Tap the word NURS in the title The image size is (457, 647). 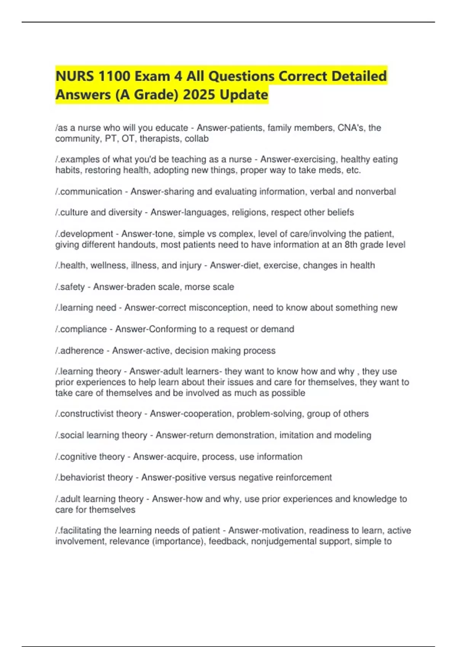coord(75,76)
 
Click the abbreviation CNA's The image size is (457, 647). coord(348,128)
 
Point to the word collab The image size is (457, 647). coord(197,139)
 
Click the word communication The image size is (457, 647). coord(91,191)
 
